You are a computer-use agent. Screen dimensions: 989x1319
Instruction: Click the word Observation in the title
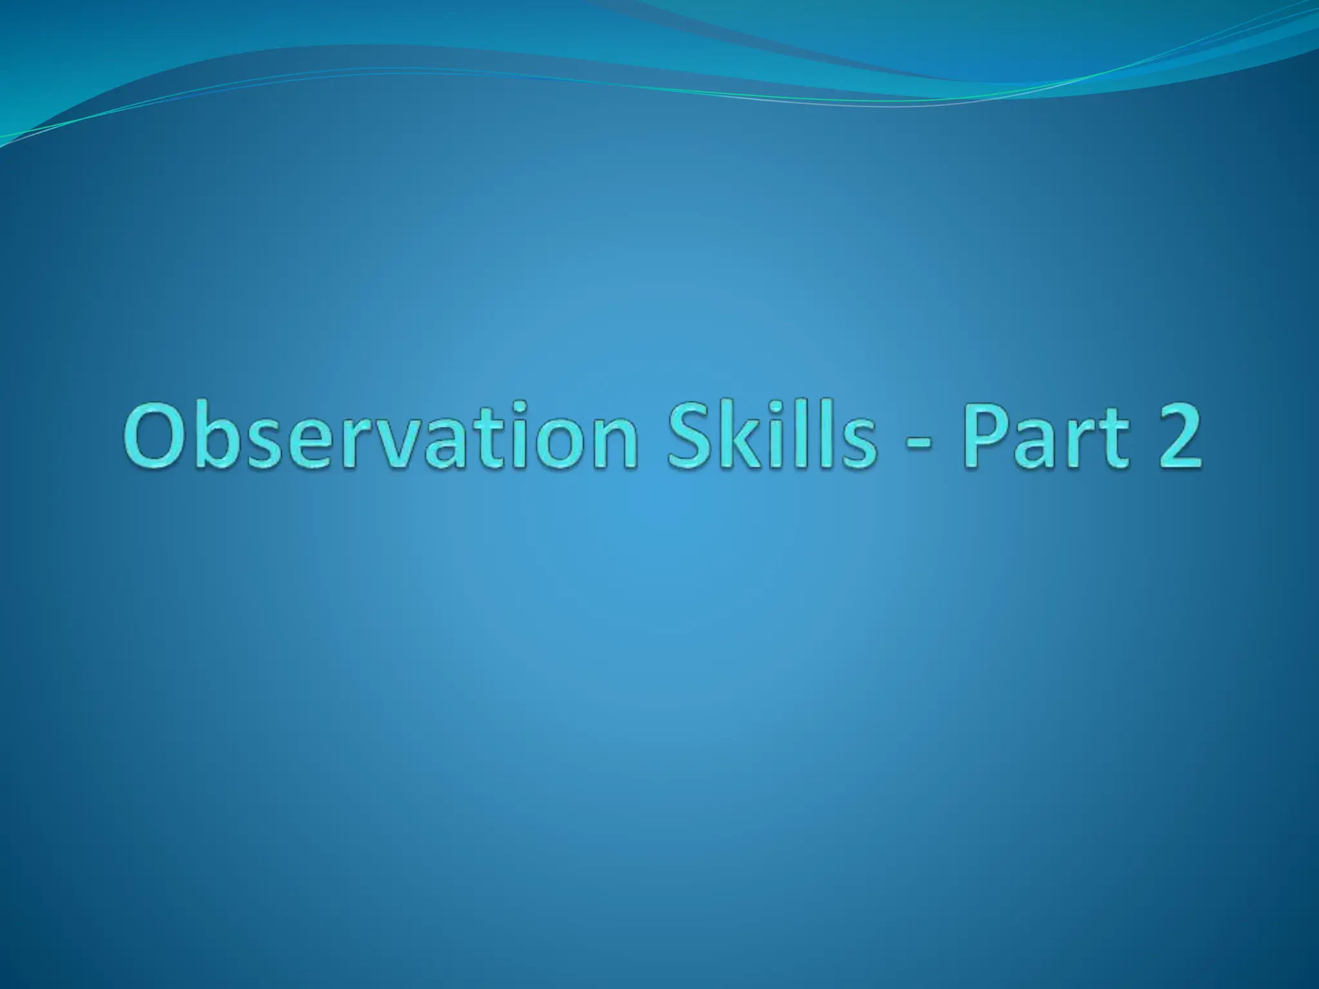[x=380, y=437]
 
